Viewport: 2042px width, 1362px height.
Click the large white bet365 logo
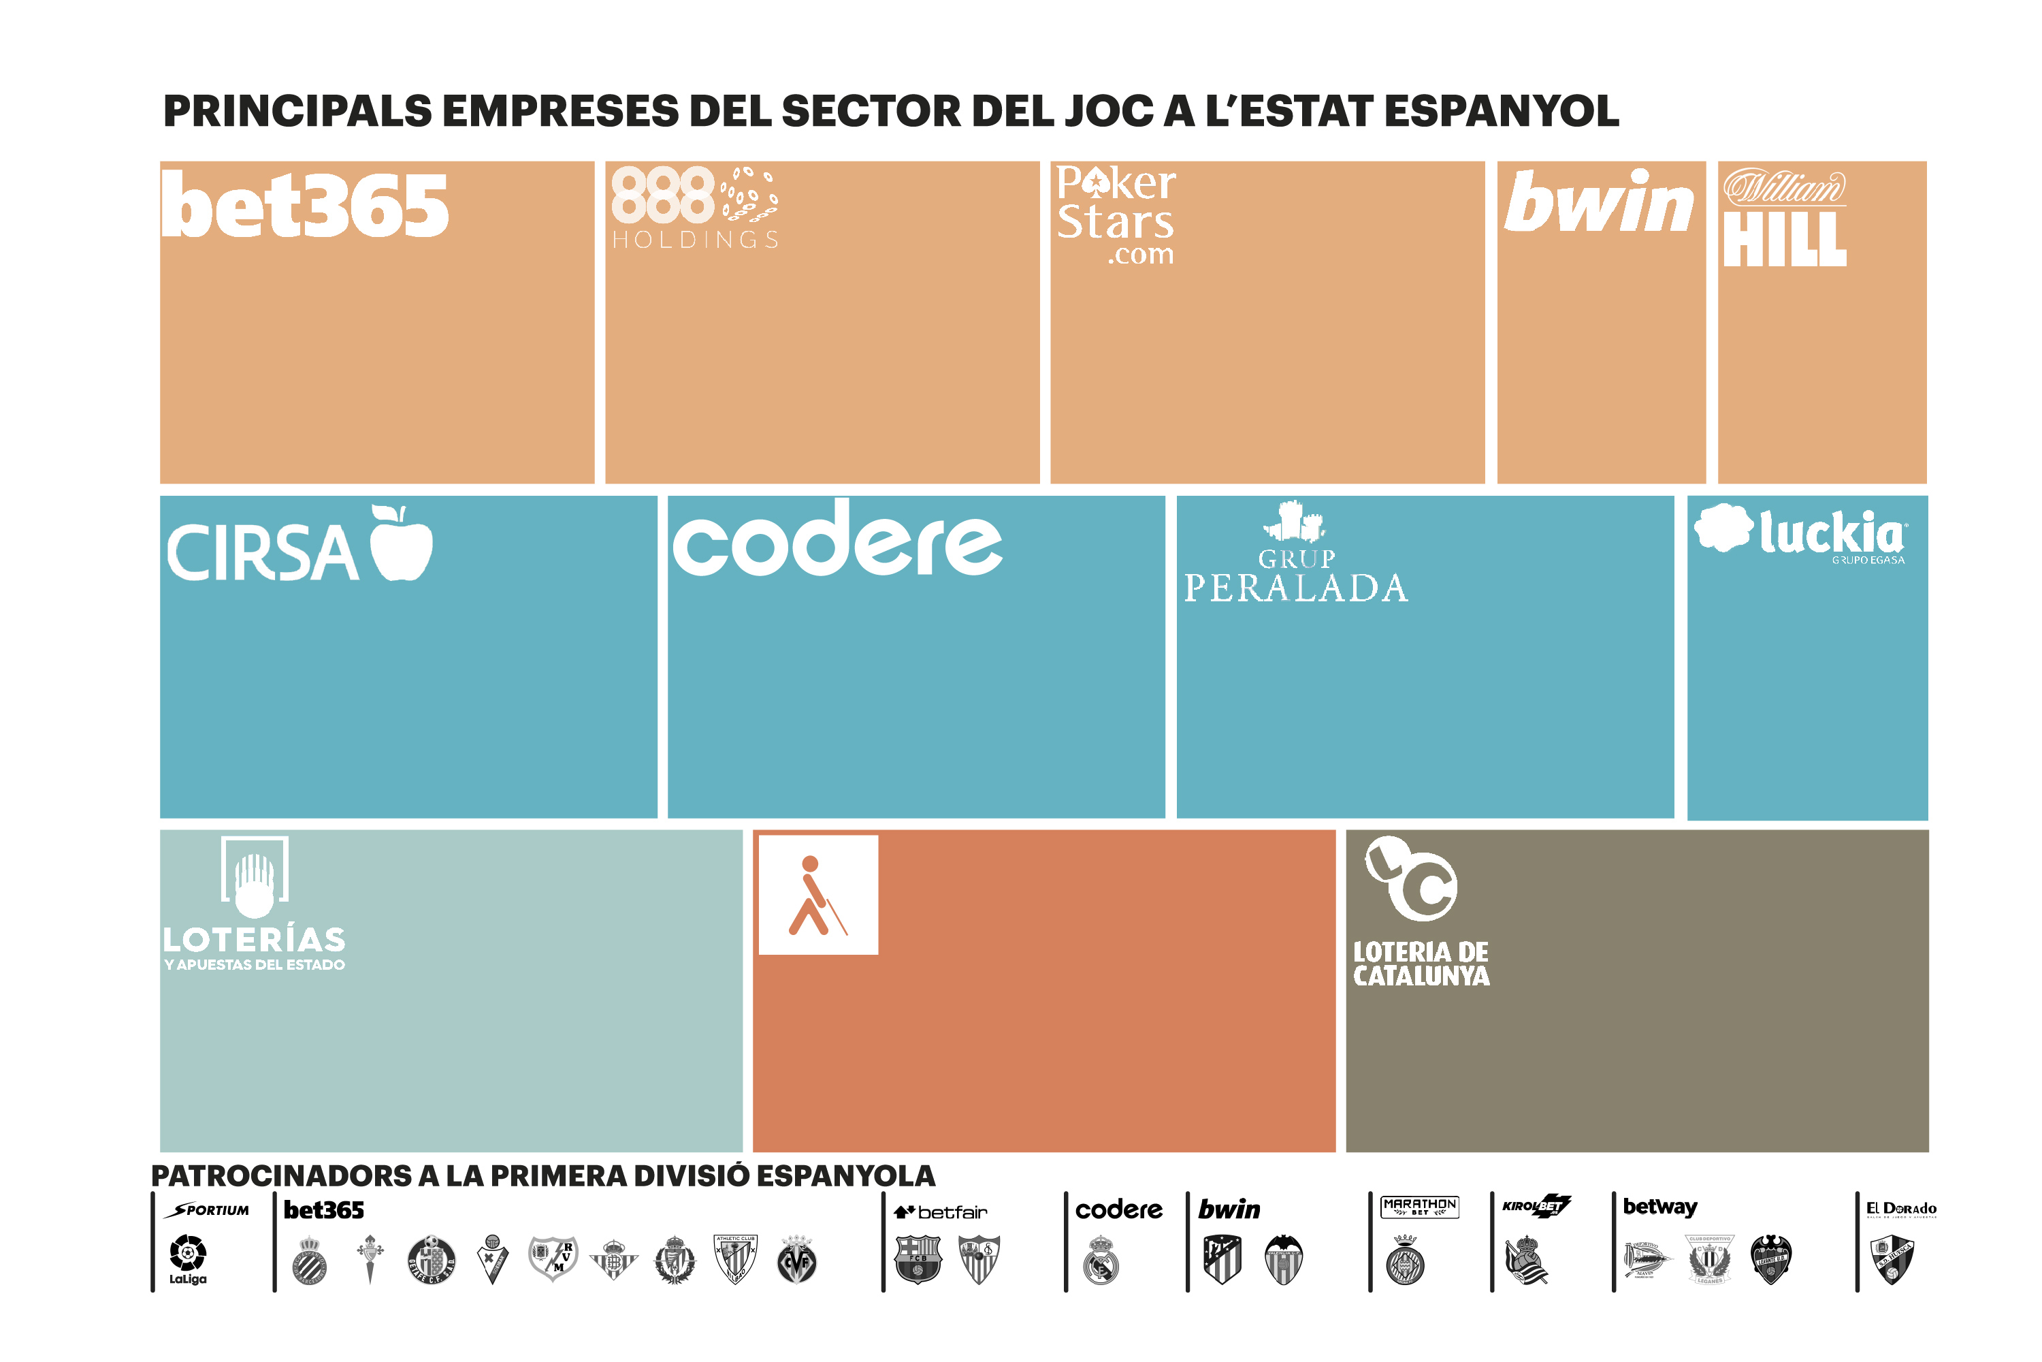(x=305, y=206)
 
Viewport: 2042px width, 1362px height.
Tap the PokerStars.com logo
(x=1116, y=215)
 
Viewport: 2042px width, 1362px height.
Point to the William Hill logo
(x=1784, y=217)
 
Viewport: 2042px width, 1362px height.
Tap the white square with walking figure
(x=818, y=895)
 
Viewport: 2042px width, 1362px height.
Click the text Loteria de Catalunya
(x=1421, y=964)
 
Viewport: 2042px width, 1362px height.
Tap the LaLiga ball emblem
(x=188, y=1254)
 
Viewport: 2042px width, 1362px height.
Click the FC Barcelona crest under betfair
(x=918, y=1258)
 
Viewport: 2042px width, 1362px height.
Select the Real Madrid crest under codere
(x=1100, y=1261)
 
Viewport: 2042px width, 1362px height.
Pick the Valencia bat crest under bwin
(x=1283, y=1258)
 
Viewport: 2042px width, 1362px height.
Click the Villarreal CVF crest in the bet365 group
(x=797, y=1258)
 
